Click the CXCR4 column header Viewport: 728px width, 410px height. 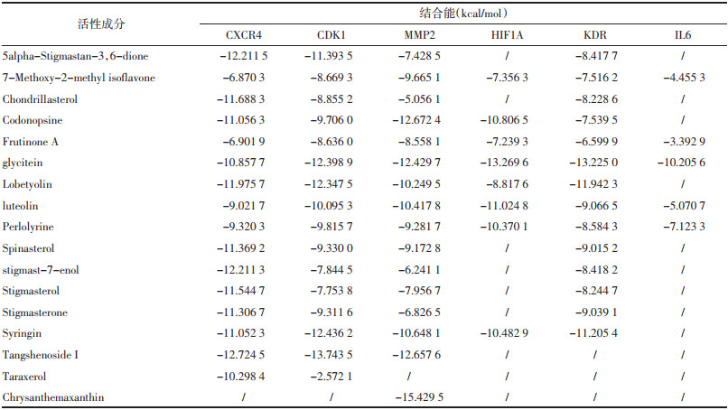(x=243, y=35)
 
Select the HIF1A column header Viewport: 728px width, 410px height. (x=507, y=35)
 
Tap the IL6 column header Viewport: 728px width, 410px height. (x=683, y=35)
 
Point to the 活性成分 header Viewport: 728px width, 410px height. (x=101, y=24)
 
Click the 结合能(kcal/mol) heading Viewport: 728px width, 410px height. (x=462, y=13)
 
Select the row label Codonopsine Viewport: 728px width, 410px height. (x=32, y=120)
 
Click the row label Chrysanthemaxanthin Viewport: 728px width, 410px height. (x=53, y=397)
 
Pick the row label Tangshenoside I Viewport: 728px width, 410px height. (x=41, y=355)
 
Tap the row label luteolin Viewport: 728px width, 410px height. (x=20, y=206)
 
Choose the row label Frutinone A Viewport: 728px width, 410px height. (x=30, y=142)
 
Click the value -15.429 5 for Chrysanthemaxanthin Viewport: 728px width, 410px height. (x=419, y=397)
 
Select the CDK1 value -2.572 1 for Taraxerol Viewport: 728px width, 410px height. (x=331, y=377)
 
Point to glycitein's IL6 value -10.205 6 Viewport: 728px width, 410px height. (x=681, y=163)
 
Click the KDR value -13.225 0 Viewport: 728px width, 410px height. (x=593, y=163)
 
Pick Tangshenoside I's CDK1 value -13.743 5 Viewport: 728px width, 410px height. (x=328, y=355)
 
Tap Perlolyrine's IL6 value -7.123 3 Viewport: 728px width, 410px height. (x=684, y=227)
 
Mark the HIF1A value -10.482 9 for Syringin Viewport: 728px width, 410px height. (x=504, y=333)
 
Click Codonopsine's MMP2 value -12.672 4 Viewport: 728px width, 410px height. (x=416, y=120)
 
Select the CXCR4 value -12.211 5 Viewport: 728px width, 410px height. (x=243, y=56)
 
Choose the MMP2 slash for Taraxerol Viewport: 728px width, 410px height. (x=408, y=377)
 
